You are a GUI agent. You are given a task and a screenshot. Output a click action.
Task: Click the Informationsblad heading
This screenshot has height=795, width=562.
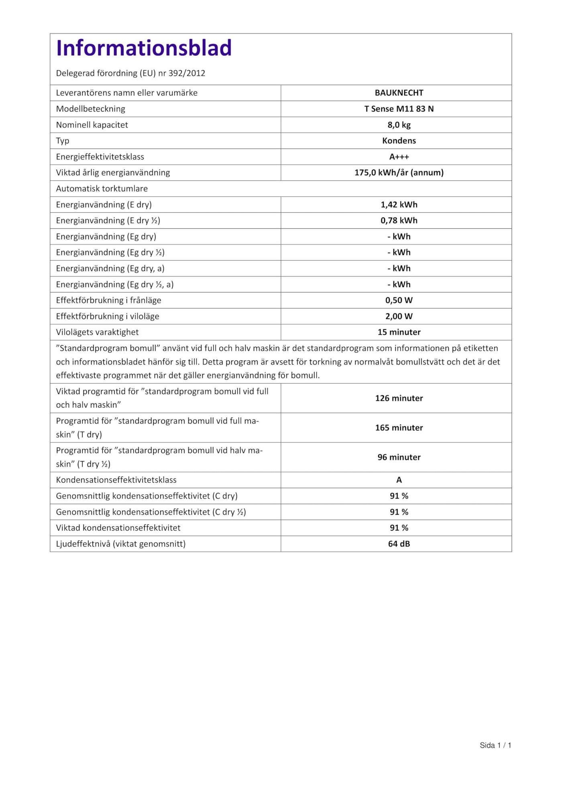pos(144,48)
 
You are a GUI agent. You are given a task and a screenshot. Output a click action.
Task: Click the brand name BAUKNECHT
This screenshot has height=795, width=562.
pos(399,93)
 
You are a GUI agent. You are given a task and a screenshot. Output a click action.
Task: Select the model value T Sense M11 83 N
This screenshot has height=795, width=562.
pos(399,109)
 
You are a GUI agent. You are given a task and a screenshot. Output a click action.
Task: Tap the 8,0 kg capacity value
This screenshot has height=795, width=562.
pos(399,125)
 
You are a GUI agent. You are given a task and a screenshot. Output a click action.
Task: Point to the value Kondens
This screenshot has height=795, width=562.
pos(399,141)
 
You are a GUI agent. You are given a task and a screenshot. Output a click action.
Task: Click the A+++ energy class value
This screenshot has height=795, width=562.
pos(399,157)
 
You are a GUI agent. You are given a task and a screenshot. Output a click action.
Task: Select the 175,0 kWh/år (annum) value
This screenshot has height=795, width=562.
pos(399,173)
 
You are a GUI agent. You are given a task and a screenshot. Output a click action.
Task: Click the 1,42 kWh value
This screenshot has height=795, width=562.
pos(399,204)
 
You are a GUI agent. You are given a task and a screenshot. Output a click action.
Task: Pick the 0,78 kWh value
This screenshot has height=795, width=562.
pos(399,221)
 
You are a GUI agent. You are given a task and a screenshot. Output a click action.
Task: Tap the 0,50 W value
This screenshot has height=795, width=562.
pos(399,300)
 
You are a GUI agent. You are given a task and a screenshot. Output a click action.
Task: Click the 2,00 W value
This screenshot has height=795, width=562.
pos(399,316)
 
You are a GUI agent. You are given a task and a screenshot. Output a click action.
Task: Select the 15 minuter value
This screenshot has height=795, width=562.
pos(399,332)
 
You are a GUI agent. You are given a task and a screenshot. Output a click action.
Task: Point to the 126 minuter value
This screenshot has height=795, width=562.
pos(399,398)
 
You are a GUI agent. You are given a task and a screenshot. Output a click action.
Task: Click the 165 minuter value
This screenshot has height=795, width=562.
pos(399,428)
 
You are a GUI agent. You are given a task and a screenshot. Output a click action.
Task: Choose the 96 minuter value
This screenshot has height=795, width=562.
pos(399,457)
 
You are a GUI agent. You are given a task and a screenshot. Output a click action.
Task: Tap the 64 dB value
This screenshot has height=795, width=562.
pos(399,544)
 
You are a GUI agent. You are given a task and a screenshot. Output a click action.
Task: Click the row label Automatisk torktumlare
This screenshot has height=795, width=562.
pos(102,189)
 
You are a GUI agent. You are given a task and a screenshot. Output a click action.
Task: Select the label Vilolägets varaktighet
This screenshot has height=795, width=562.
pos(97,332)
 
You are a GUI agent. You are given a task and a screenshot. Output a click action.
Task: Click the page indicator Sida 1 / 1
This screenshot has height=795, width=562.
pos(495,745)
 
